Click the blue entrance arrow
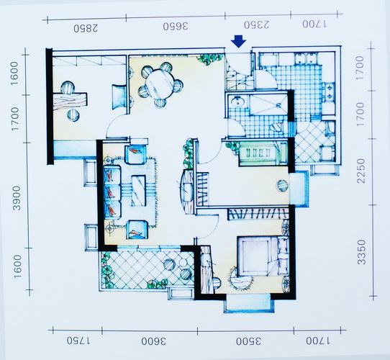click(238, 41)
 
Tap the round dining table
click(160, 84)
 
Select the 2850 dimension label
click(86, 28)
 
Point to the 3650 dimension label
click(176, 27)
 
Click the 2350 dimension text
click(256, 25)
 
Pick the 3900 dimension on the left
click(17, 198)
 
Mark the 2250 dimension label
click(361, 171)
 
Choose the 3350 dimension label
click(362, 252)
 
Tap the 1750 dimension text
click(78, 341)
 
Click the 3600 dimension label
click(154, 341)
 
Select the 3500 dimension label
click(248, 341)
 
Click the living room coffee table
click(138, 191)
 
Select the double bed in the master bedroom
click(263, 256)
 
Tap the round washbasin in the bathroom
click(238, 102)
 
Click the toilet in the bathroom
click(277, 127)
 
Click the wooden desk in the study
click(70, 102)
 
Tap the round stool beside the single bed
click(283, 185)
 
